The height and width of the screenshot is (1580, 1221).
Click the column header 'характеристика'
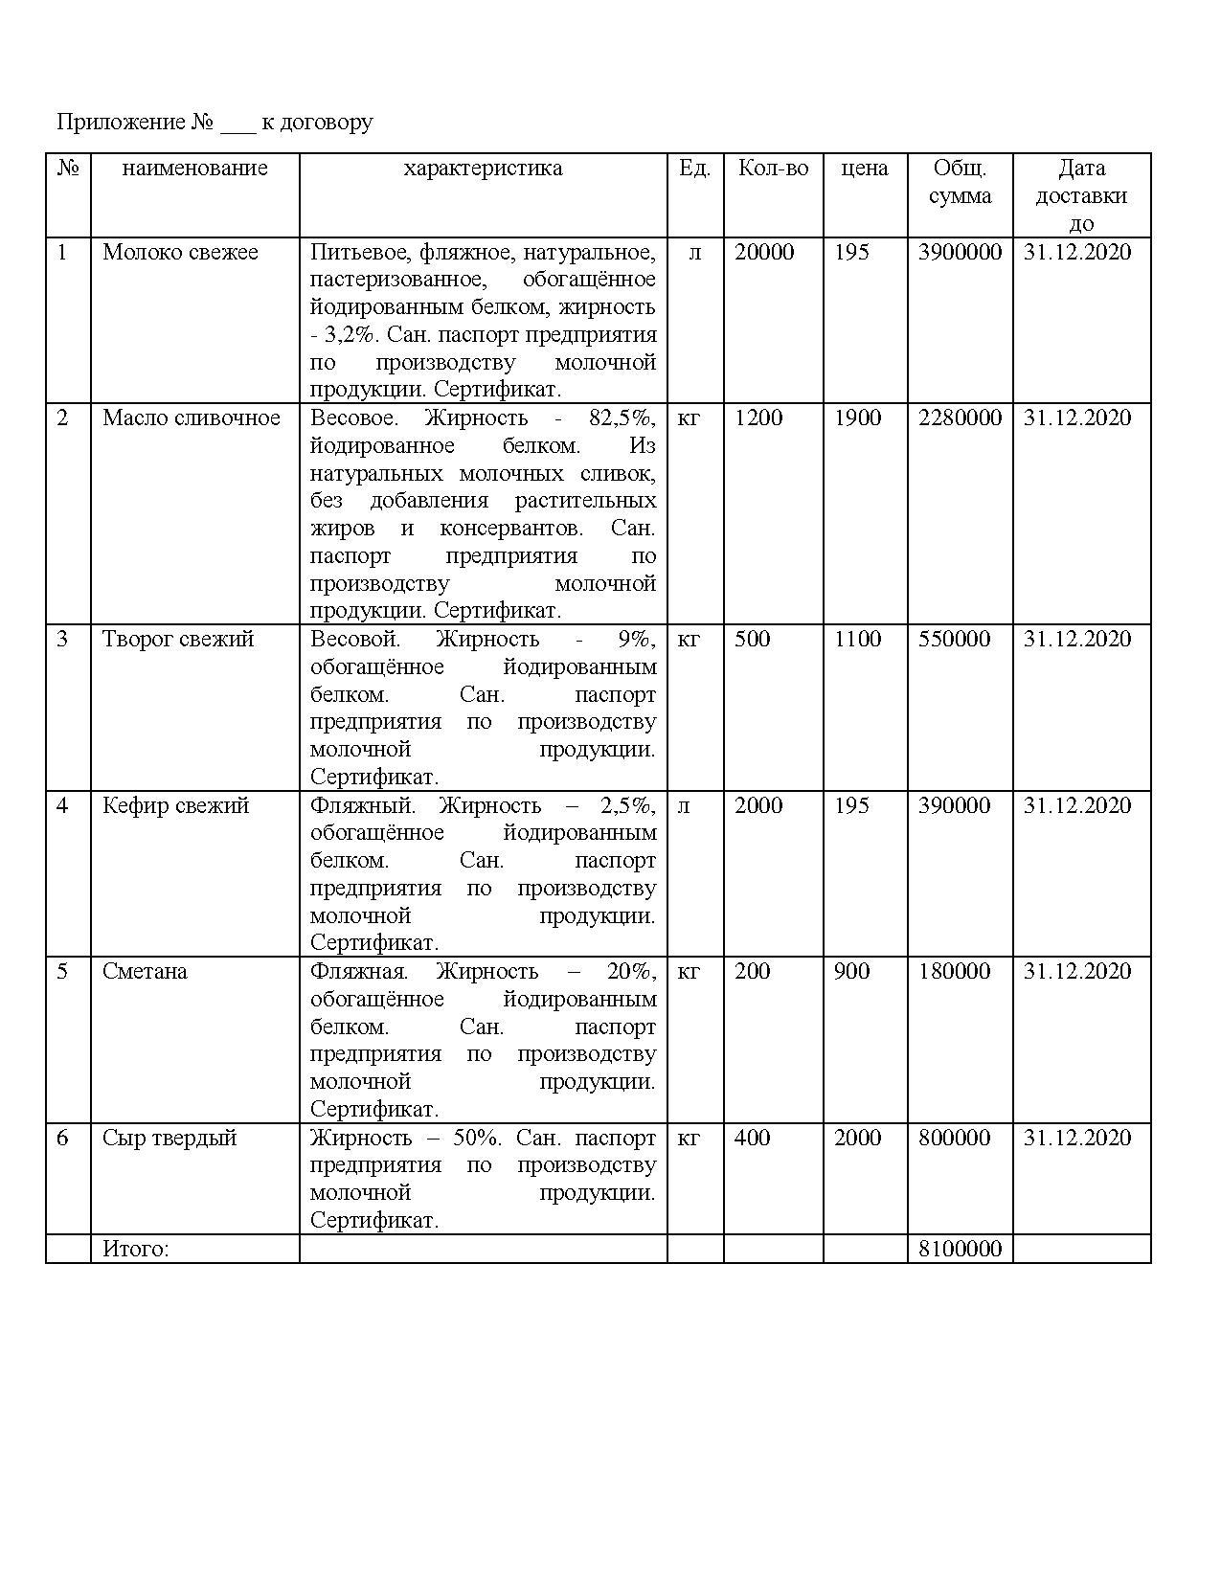(483, 169)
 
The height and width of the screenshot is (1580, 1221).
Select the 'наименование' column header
(194, 169)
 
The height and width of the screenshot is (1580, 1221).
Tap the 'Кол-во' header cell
(773, 169)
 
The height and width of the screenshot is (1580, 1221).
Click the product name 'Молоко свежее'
(180, 252)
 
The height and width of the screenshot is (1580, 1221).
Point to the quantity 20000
(764, 252)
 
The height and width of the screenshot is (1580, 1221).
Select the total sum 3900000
(960, 252)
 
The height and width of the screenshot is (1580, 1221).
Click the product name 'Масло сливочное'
(191, 418)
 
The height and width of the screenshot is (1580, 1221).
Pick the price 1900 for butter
(857, 418)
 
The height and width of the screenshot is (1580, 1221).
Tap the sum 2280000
(960, 418)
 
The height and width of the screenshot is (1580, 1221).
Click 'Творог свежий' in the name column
(178, 639)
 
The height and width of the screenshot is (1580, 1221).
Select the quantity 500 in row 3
(752, 639)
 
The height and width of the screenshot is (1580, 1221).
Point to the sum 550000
(954, 639)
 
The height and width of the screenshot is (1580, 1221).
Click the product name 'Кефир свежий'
(175, 805)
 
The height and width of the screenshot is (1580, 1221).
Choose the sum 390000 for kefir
(954, 805)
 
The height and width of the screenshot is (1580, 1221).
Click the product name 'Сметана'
(145, 971)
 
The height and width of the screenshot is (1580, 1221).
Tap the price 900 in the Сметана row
(851, 971)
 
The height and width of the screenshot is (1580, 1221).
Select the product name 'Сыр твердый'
(170, 1138)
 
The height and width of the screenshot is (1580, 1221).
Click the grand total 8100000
(960, 1249)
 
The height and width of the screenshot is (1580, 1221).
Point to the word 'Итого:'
(135, 1249)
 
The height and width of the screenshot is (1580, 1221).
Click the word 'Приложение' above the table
(121, 123)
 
